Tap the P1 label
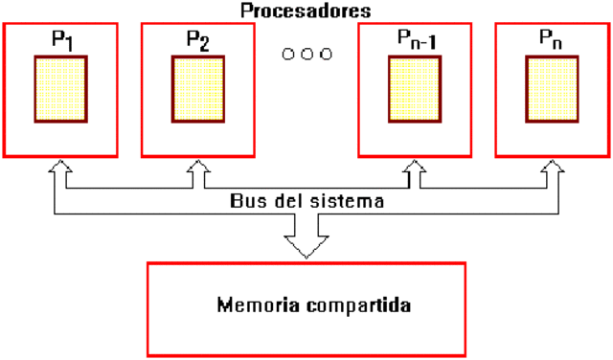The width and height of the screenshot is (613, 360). pos(61,41)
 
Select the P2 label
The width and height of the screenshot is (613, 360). pos(198,41)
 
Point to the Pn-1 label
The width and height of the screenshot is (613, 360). pos(414,41)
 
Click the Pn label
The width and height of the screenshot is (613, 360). pos(552,41)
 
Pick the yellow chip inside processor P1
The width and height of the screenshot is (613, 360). pos(61,89)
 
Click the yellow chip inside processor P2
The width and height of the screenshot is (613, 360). pos(198,89)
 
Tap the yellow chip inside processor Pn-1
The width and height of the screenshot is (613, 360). pos(415,89)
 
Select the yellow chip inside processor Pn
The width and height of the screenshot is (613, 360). pos(552,89)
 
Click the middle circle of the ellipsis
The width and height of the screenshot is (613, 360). pos(306,54)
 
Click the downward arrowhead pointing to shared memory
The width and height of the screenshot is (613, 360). pos(306,247)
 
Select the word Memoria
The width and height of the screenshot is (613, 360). pos(251,307)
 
